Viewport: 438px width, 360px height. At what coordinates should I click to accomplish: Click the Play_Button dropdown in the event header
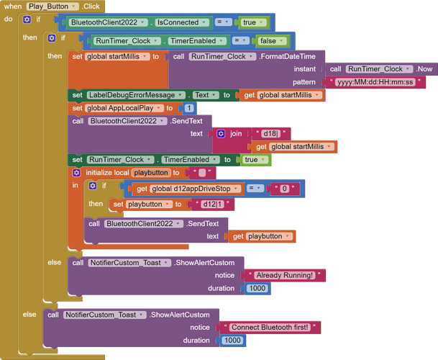tap(53, 6)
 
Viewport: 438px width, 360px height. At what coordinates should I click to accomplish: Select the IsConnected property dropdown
tap(182, 22)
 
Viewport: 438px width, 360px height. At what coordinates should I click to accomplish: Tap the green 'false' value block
tap(271, 41)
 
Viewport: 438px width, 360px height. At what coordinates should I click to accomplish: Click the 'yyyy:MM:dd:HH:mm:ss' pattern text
tap(375, 82)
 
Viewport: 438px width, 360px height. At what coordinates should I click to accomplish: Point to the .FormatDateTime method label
tap(288, 56)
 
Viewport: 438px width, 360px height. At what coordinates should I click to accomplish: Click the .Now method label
tap(424, 69)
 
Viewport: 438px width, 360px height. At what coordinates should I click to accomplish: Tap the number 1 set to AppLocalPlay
tap(189, 108)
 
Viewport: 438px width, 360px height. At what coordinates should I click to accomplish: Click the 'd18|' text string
tap(271, 134)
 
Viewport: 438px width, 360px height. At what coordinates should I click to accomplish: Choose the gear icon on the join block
tap(221, 134)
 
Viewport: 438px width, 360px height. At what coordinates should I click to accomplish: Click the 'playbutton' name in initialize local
tap(151, 173)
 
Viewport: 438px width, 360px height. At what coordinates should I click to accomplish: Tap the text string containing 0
tap(284, 189)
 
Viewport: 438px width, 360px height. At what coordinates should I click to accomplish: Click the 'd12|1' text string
tap(212, 204)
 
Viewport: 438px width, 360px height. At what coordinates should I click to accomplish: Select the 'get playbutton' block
tap(262, 237)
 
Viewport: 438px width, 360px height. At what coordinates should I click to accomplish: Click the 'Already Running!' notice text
tap(285, 276)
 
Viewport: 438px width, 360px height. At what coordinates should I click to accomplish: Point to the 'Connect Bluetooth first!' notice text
tap(270, 328)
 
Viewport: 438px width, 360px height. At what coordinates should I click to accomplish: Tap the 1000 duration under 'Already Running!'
tap(257, 289)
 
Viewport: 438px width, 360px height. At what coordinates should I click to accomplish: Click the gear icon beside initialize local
tap(76, 173)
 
